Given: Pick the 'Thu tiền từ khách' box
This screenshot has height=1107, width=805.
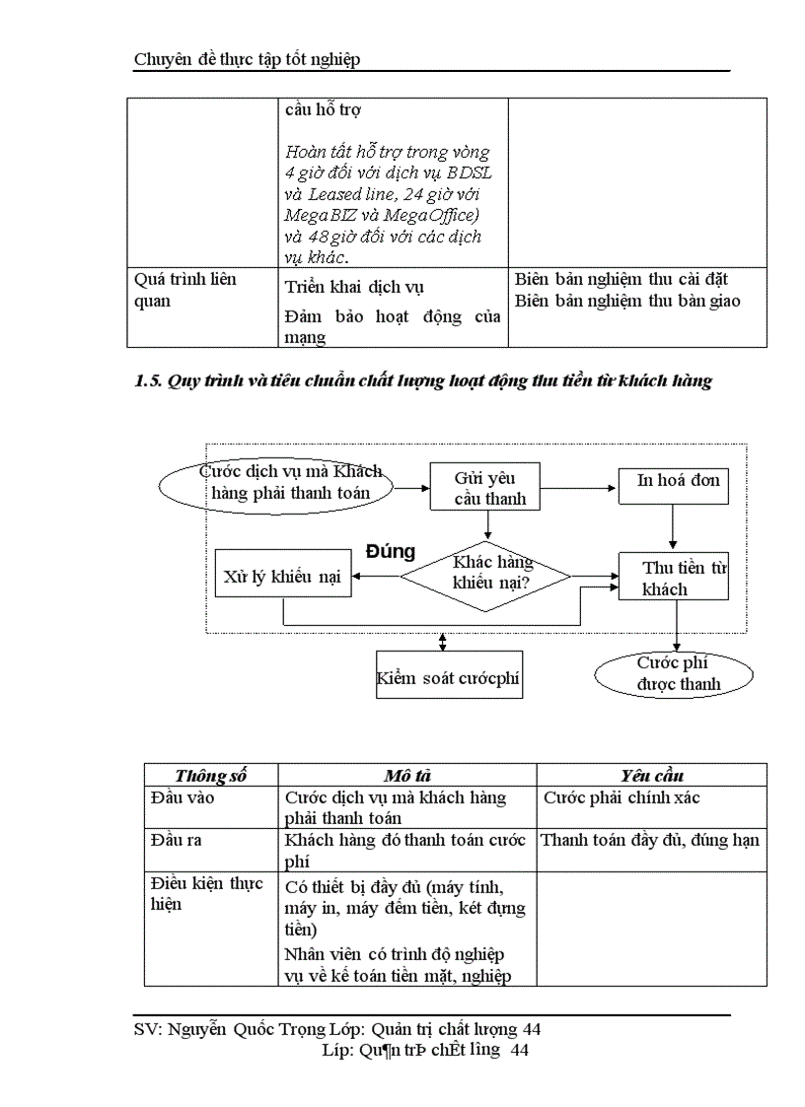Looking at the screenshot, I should (x=674, y=577).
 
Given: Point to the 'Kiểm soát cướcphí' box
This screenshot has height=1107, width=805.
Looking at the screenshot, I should (x=449, y=677).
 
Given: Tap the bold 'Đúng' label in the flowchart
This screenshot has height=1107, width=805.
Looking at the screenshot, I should (x=391, y=551).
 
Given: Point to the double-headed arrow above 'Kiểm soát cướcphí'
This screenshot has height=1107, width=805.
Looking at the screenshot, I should (x=443, y=642).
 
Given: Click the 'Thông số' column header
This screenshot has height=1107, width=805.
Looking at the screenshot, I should (x=210, y=776).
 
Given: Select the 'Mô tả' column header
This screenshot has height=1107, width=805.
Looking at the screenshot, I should (x=406, y=776).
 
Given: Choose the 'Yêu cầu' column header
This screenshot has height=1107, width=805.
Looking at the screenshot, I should (x=651, y=776).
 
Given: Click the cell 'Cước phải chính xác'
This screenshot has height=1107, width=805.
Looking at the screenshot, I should (x=622, y=797).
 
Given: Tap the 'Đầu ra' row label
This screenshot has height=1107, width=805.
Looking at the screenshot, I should (x=177, y=840).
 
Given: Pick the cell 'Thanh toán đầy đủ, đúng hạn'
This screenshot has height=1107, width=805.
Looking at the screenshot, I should (x=649, y=840).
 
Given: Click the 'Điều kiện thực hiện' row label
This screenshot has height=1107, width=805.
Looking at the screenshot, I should (x=205, y=893).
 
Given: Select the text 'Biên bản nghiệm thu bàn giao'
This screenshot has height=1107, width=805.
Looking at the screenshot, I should (x=627, y=301).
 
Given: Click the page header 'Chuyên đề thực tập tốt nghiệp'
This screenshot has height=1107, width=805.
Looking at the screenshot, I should (x=247, y=59).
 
